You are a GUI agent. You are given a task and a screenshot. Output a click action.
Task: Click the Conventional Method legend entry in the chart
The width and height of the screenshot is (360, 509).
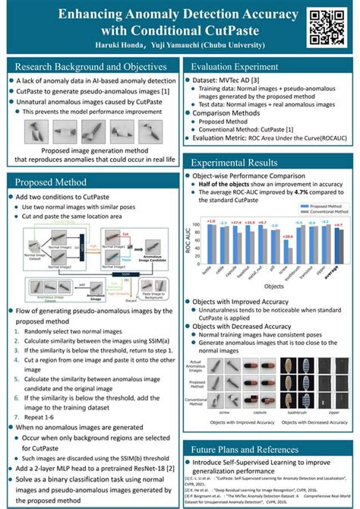324,210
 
